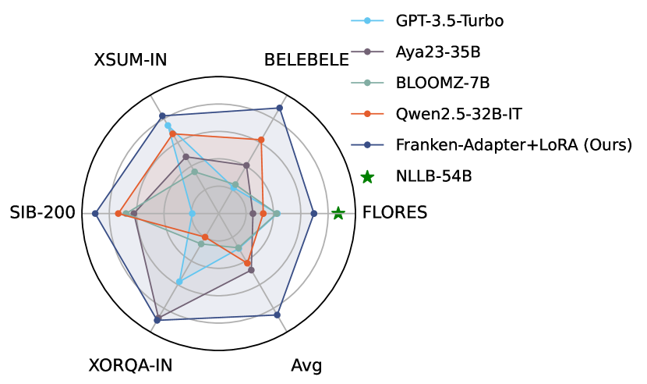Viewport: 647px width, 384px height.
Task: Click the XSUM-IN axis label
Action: [130, 61]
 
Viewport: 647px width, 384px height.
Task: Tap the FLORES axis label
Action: [395, 212]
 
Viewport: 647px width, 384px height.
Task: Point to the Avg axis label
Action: [306, 365]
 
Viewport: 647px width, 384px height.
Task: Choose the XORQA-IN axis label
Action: [130, 365]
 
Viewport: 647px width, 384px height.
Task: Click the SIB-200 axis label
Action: [42, 212]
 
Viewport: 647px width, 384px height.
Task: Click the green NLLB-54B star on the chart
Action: [338, 212]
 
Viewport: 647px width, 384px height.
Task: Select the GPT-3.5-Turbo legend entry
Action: [449, 20]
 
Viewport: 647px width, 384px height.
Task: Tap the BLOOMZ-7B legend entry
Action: [443, 83]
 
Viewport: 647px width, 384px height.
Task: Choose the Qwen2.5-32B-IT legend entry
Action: [458, 114]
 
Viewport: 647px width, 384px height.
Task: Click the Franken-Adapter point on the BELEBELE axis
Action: [280, 108]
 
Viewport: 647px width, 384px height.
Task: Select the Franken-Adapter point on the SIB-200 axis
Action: [95, 213]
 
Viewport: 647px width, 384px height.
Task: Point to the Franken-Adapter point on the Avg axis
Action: [278, 315]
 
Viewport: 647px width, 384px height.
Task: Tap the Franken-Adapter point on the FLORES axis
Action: [313, 213]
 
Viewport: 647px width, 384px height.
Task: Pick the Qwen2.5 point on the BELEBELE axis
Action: [261, 140]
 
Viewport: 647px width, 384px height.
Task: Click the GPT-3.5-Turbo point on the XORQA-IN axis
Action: [179, 282]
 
